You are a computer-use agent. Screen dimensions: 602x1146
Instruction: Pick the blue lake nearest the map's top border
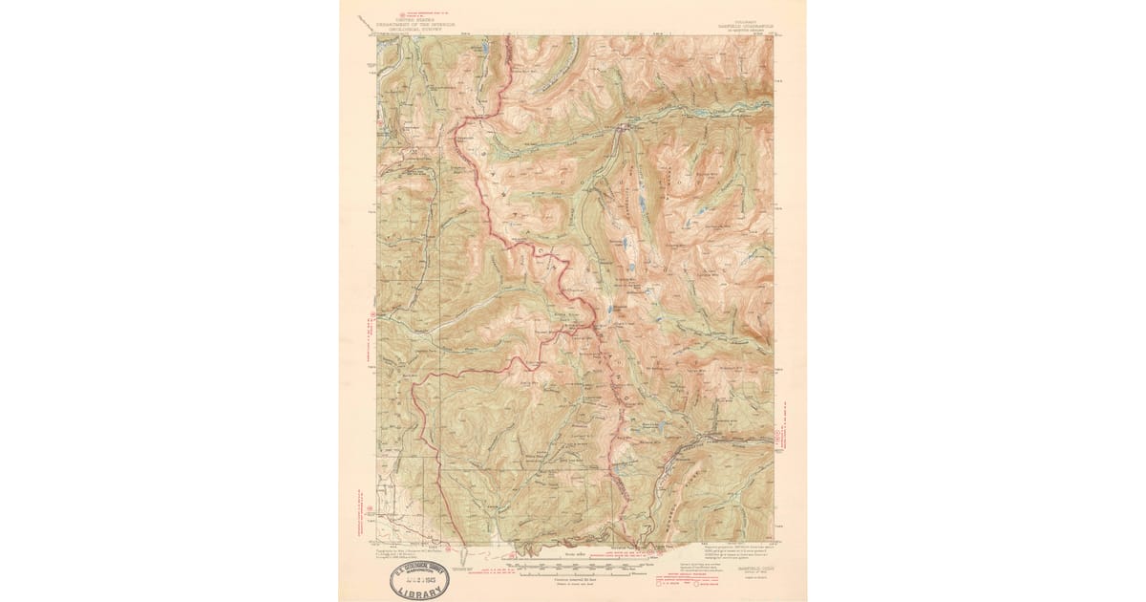tap(485, 46)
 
